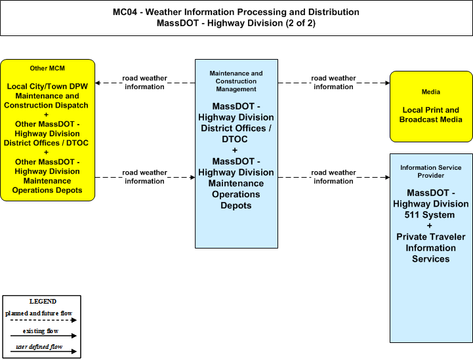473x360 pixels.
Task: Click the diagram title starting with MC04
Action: tap(236, 18)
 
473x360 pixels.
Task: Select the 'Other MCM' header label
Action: tap(47, 68)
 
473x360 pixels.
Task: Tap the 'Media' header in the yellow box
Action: tap(431, 92)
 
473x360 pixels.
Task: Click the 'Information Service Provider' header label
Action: tap(431, 172)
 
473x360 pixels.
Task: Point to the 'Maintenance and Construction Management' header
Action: tap(236, 81)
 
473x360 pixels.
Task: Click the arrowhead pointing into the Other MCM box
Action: tap(98, 83)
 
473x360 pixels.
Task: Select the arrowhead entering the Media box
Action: tap(387, 83)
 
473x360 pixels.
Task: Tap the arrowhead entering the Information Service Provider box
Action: tap(387, 177)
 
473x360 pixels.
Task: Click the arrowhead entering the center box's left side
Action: tap(192, 177)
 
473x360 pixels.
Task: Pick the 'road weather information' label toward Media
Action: tap(333, 83)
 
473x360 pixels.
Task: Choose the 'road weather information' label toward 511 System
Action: tap(333, 176)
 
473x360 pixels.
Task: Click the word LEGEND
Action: tap(43, 302)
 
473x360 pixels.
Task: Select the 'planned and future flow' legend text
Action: tap(39, 313)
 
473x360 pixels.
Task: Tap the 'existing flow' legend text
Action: tap(41, 331)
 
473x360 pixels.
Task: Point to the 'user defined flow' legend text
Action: tap(39, 347)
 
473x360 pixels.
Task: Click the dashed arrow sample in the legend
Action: tap(43, 320)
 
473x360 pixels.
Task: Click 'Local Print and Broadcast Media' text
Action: tap(431, 115)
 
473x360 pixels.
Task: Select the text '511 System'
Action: tap(430, 215)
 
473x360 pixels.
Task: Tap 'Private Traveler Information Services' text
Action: tap(431, 248)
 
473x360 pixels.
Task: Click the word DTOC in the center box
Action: tap(235, 139)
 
